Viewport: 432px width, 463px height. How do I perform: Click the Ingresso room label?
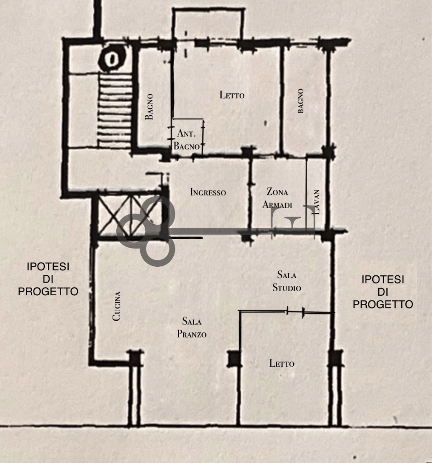click(208, 192)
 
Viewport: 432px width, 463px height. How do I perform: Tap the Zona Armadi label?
click(277, 198)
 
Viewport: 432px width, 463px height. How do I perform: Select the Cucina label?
click(117, 306)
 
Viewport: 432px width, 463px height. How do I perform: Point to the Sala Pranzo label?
click(191, 327)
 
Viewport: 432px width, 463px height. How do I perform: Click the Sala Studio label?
click(287, 281)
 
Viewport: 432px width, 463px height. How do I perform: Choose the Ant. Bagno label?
click(186, 139)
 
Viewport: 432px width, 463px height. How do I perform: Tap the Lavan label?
click(316, 202)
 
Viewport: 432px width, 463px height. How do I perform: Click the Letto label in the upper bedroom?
click(232, 95)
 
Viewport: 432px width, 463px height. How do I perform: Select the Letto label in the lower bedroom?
click(282, 363)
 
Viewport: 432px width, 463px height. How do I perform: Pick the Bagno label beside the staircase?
click(149, 107)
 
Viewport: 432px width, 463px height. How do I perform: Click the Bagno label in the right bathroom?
click(300, 101)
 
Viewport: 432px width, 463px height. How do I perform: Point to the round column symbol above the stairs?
click(112, 59)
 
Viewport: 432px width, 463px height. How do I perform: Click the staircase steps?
click(115, 110)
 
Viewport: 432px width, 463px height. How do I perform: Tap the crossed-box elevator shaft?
click(129, 215)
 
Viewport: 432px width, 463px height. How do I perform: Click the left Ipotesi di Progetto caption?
click(48, 279)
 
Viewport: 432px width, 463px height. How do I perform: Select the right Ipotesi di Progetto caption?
click(383, 292)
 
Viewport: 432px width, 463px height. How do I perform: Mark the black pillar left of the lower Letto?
click(234, 359)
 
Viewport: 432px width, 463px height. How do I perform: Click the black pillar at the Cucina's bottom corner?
click(135, 358)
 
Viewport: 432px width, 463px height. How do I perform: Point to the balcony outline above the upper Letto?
click(209, 10)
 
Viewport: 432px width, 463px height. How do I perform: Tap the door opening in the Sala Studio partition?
click(295, 312)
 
